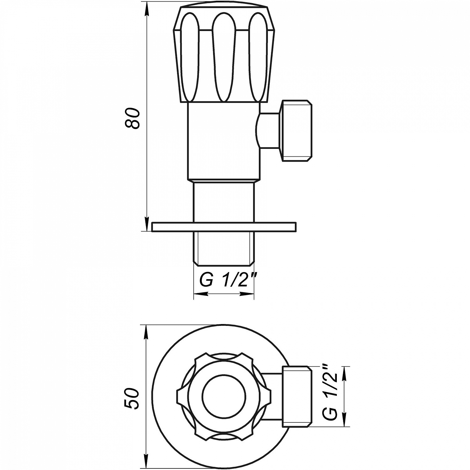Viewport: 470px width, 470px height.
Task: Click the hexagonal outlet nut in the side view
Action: click(x=297, y=131)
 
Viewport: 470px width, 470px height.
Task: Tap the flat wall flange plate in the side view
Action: click(x=224, y=227)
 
